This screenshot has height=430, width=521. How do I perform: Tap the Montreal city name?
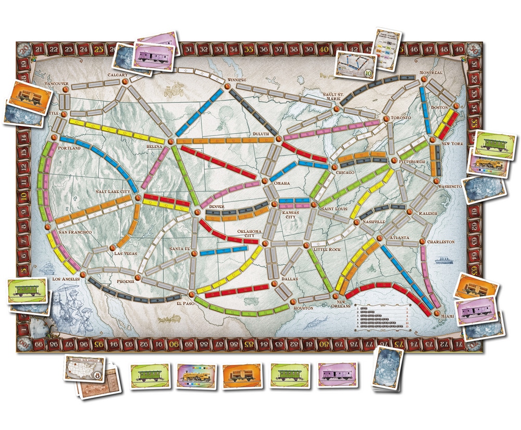coord(431,73)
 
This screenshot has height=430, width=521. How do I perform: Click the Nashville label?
coord(371,221)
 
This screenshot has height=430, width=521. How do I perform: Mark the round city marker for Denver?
coord(197,212)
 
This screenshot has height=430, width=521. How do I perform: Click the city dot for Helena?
coord(170,140)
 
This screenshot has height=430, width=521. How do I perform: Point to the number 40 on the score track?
coord(325,50)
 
